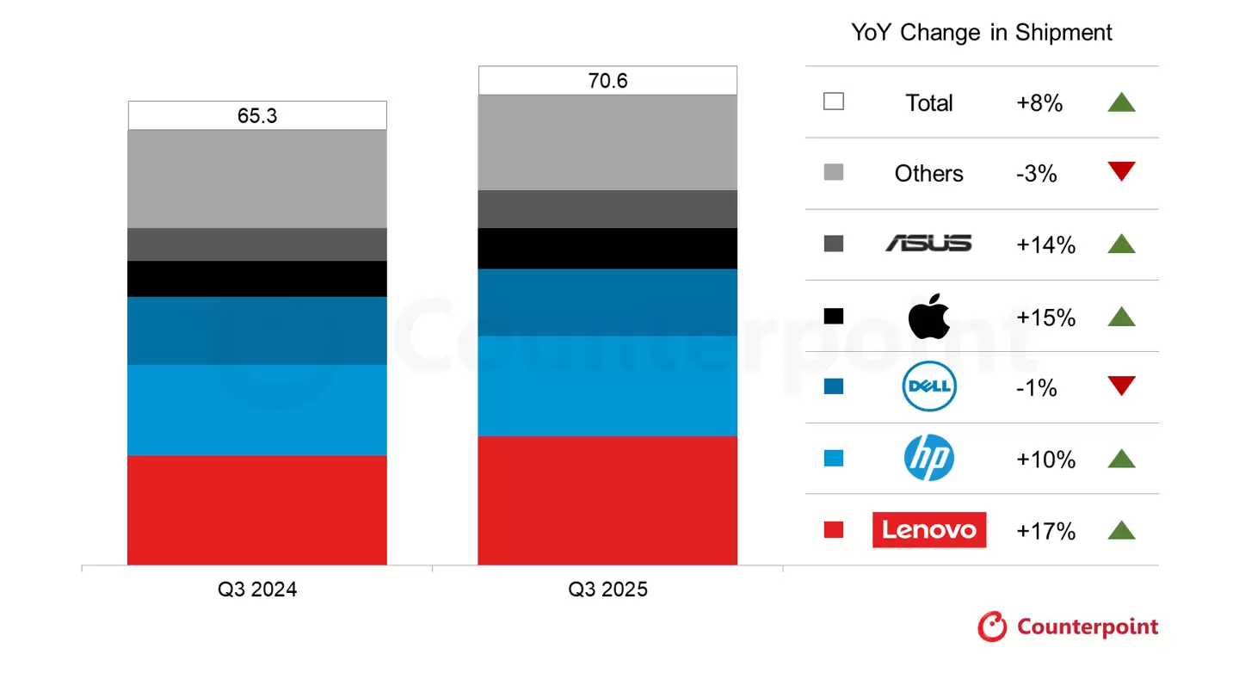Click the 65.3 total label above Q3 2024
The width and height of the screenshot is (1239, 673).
point(257,115)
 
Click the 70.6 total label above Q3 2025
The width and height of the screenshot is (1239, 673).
point(607,81)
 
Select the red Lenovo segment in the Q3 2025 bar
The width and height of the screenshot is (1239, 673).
point(607,500)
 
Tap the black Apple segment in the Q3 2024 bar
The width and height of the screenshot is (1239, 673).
point(257,279)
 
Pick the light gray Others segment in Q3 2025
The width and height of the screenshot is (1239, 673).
point(607,142)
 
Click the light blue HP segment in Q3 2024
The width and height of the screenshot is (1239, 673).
point(257,410)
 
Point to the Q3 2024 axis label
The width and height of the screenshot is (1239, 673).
point(257,590)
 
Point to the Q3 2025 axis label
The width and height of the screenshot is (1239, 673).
point(607,590)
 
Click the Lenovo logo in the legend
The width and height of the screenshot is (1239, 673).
point(929,530)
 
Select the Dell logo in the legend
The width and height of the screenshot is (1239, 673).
point(929,387)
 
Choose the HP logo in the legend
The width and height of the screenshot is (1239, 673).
point(929,459)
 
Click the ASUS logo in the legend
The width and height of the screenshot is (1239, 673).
point(929,244)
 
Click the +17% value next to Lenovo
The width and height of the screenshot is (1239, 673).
point(1045,531)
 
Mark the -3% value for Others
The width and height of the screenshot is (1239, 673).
point(1036,174)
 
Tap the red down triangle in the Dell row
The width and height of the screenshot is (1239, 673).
point(1121,386)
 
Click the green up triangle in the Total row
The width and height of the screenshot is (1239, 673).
point(1121,102)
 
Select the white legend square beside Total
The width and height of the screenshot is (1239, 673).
point(833,102)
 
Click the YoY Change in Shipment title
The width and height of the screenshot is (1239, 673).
point(982,33)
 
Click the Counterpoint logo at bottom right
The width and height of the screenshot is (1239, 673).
point(1069,627)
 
